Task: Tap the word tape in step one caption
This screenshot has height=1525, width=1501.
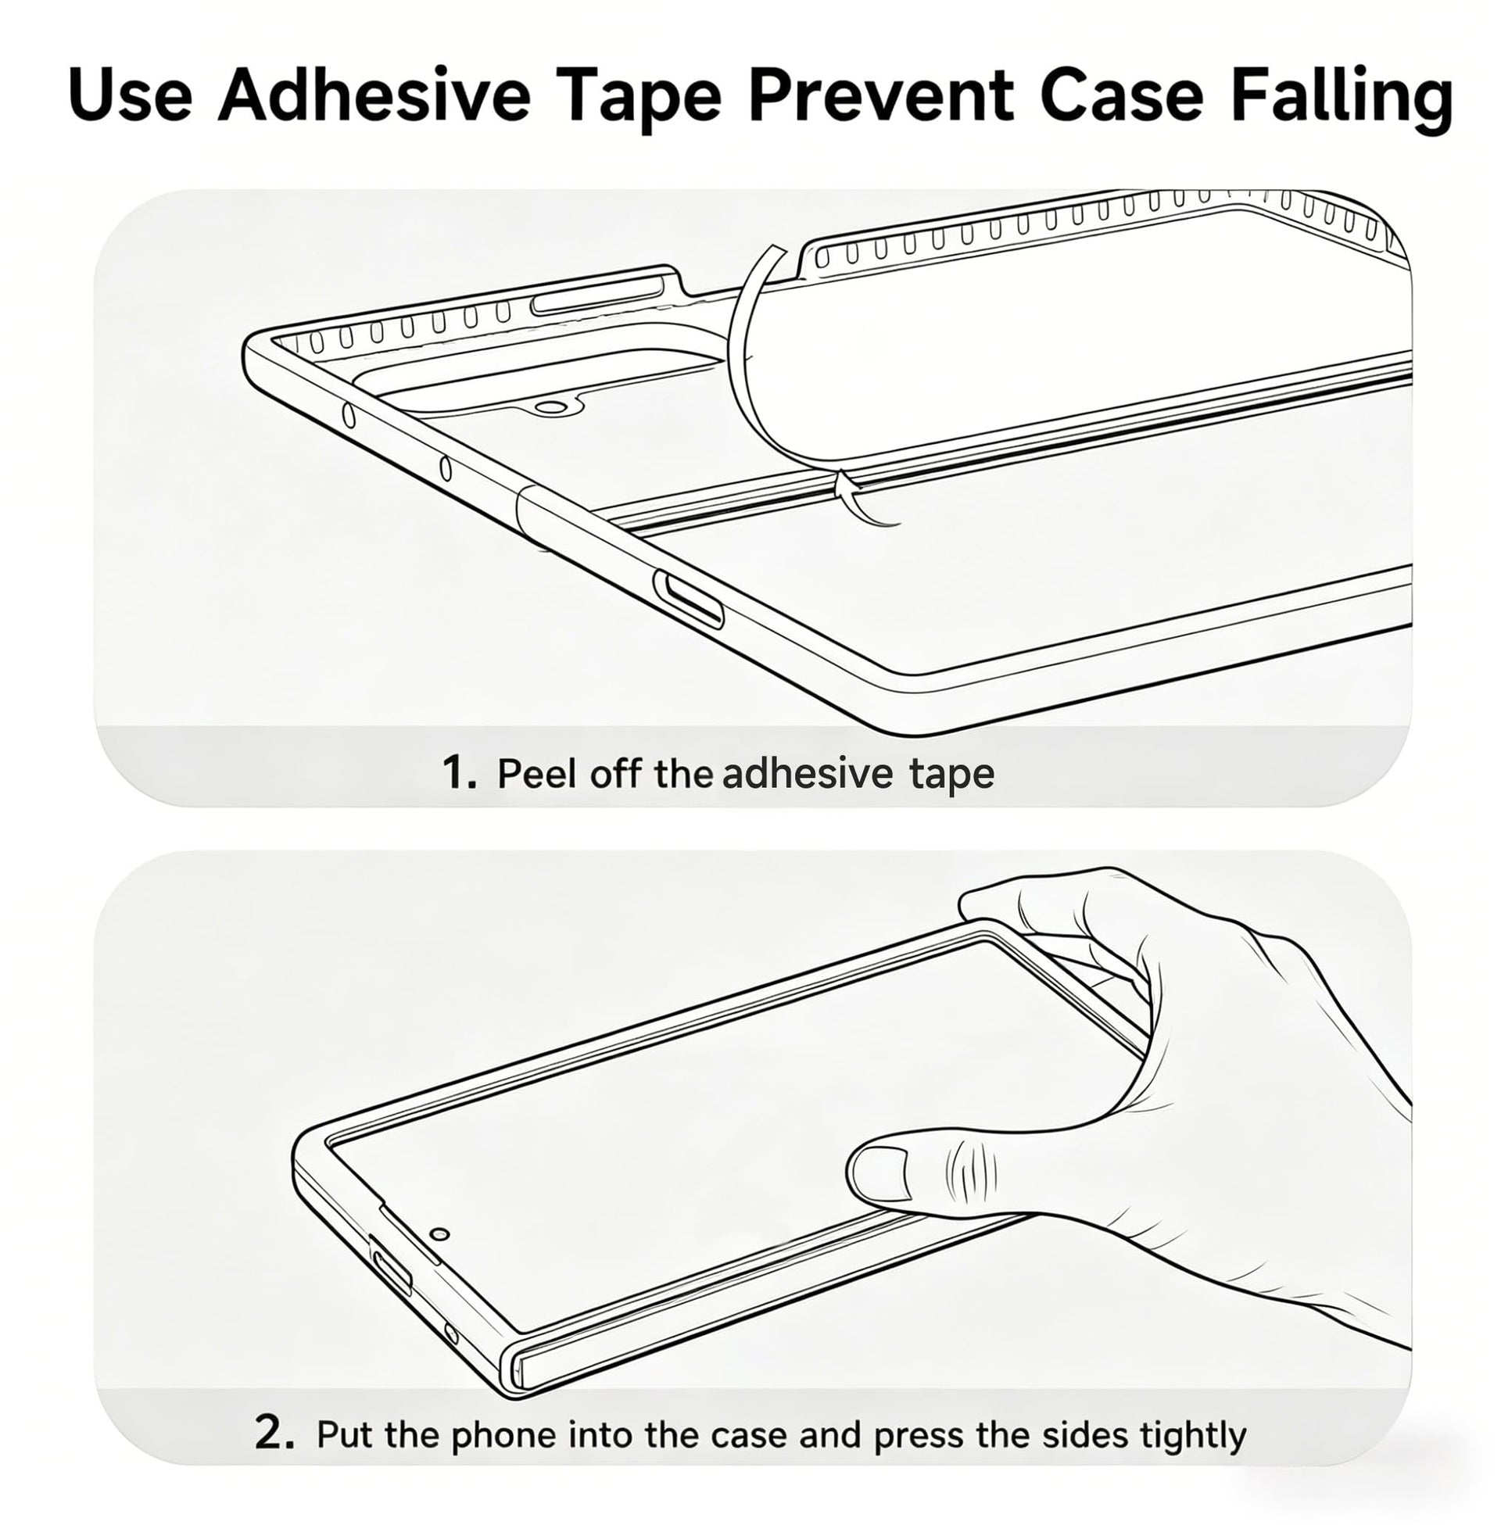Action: coord(951,775)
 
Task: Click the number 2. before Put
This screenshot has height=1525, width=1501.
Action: coord(275,1432)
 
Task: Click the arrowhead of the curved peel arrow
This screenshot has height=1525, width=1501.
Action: coord(845,481)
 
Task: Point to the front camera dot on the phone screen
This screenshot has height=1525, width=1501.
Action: coord(442,1233)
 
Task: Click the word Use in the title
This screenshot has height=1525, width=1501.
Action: coord(130,96)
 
